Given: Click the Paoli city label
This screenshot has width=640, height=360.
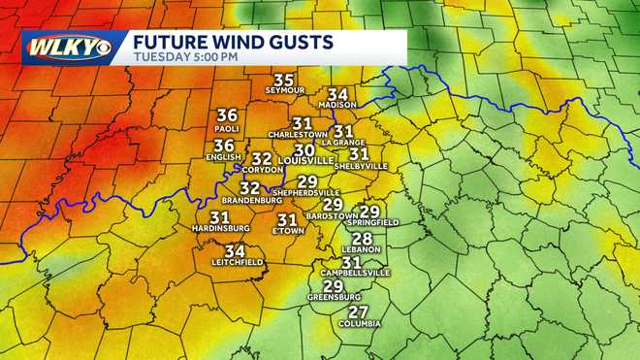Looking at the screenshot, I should pyautogui.click(x=227, y=127).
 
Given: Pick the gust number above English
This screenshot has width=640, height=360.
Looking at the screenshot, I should pyautogui.click(x=224, y=146).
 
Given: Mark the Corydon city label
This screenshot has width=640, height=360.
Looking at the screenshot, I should pyautogui.click(x=262, y=170).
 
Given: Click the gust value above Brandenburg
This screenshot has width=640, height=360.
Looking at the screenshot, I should pyautogui.click(x=250, y=187).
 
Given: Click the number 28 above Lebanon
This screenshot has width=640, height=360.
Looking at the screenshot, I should pyautogui.click(x=363, y=239).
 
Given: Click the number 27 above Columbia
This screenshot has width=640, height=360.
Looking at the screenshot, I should pyautogui.click(x=359, y=311).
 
